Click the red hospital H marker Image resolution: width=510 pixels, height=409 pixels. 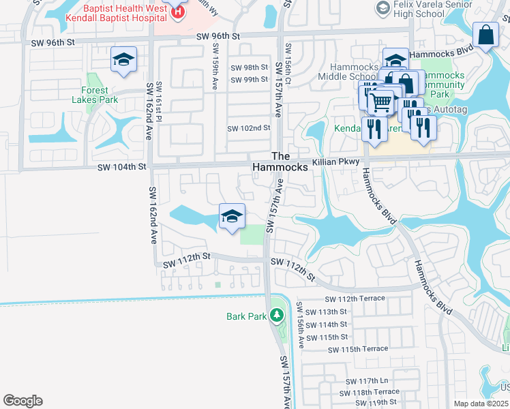[x=178, y=12]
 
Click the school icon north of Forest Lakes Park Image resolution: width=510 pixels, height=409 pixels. [x=123, y=61]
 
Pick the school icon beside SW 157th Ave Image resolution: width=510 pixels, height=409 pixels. [x=232, y=217]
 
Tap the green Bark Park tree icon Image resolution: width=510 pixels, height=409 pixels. [x=276, y=315]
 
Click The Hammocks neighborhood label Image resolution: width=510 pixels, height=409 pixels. [x=281, y=162]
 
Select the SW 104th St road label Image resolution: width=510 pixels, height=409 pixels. [x=122, y=166]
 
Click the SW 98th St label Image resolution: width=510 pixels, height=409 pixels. [x=249, y=67]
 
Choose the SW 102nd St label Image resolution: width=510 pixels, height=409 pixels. [x=249, y=128]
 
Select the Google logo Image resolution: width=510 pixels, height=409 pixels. [x=22, y=401]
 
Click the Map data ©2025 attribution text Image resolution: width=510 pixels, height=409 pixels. [x=480, y=404]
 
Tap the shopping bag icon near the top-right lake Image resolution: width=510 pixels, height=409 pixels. [x=487, y=35]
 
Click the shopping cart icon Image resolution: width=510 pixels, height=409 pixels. [x=381, y=102]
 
